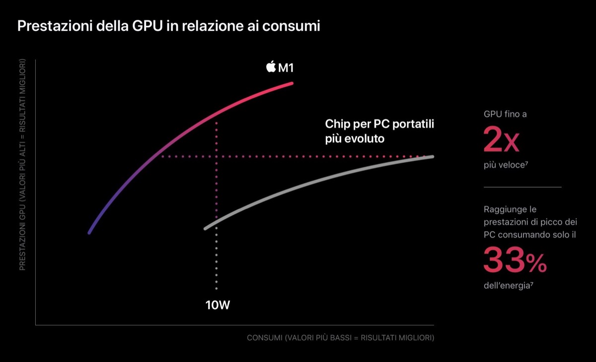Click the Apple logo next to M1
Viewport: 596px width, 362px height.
pyautogui.click(x=271, y=67)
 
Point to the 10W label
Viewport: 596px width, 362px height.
pyautogui.click(x=218, y=305)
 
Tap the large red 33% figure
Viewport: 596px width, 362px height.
pyautogui.click(x=515, y=261)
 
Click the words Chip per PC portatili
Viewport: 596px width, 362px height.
pyautogui.click(x=379, y=124)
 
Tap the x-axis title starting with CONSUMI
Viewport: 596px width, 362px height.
pyautogui.click(x=340, y=338)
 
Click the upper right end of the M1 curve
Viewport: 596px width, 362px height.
pyautogui.click(x=292, y=83)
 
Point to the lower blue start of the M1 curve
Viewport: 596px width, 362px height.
pyautogui.click(x=89, y=232)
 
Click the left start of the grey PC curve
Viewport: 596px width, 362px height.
pyautogui.click(x=205, y=228)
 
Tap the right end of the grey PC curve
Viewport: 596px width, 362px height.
pyautogui.click(x=433, y=157)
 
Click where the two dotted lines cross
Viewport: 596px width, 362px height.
pyautogui.click(x=217, y=156)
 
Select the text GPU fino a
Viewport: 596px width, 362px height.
pyautogui.click(x=505, y=114)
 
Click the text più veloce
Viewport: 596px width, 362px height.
pyautogui.click(x=504, y=165)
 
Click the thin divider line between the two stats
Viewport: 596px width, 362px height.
pyautogui.click(x=522, y=187)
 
